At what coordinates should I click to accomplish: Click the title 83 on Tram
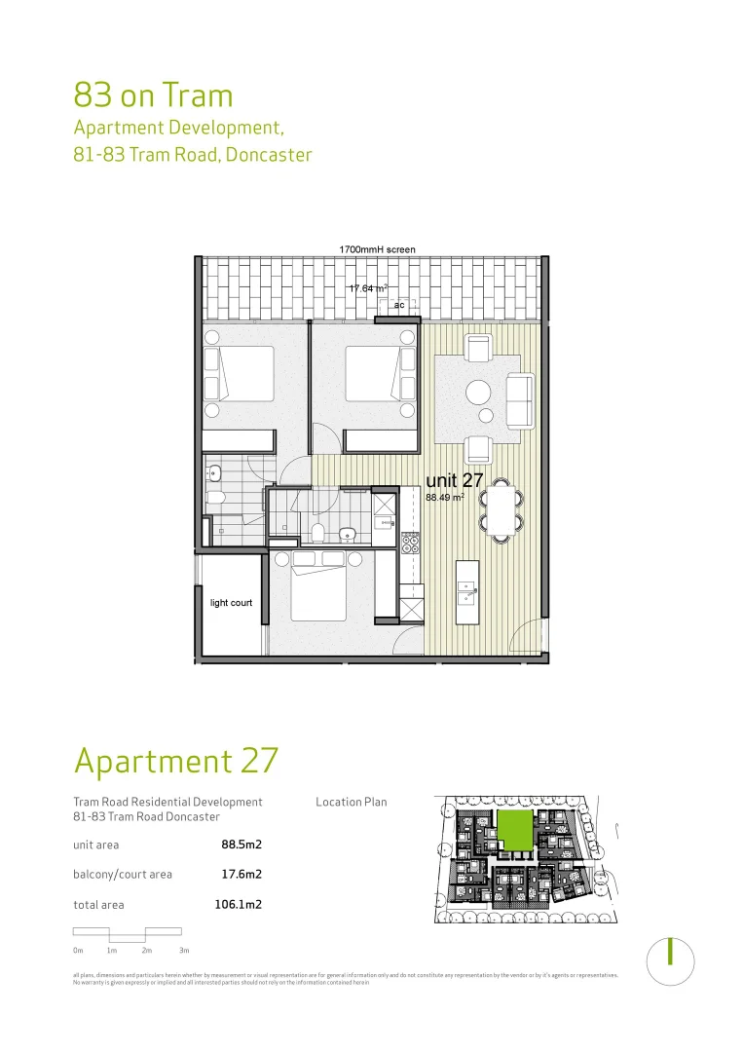pos(153,95)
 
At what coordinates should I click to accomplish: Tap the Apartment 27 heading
pos(175,760)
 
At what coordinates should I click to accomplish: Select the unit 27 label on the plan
pos(455,480)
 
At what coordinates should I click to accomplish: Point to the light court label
pos(231,603)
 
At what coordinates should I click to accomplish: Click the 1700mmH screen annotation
pos(377,250)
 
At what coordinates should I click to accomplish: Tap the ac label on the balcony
pos(398,306)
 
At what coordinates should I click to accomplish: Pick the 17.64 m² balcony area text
pos(368,288)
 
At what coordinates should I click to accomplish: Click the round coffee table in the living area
pos(479,393)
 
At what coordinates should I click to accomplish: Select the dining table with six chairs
pos(501,509)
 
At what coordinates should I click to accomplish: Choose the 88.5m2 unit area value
pos(241,845)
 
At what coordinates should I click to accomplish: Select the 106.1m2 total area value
pos(238,904)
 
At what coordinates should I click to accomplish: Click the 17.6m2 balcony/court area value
pos(241,875)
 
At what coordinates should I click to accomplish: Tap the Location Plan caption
pos(351,803)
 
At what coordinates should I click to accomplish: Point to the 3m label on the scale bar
pos(183,950)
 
